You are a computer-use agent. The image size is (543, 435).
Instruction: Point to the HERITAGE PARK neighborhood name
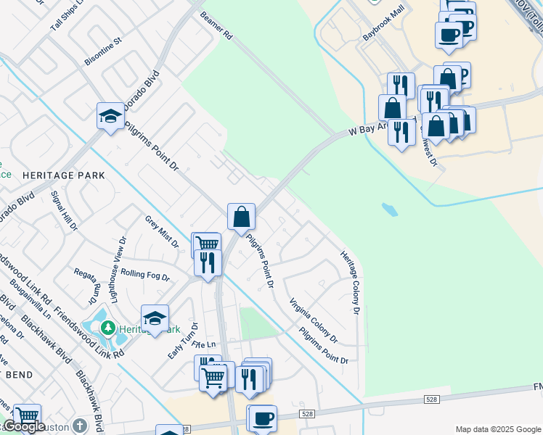[x=64, y=175]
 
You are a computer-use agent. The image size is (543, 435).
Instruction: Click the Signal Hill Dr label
[x=64, y=211]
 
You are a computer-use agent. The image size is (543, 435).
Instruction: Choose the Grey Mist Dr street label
[x=162, y=231]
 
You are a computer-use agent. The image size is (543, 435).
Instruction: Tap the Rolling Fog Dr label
[x=145, y=276]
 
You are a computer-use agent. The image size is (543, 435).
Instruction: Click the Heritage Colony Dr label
[x=351, y=282]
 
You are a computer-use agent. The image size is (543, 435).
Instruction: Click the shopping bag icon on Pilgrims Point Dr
[x=242, y=216]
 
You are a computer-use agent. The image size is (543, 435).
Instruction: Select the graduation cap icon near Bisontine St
[x=110, y=115]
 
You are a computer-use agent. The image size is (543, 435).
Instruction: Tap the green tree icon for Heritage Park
[x=108, y=328]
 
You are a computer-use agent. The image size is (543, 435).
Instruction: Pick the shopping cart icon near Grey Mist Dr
[x=207, y=244]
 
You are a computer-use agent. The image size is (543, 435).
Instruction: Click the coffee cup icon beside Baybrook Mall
[x=449, y=34]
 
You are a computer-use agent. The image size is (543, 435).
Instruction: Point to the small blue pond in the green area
[x=390, y=210]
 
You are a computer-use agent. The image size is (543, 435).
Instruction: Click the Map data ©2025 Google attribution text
[x=498, y=428]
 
